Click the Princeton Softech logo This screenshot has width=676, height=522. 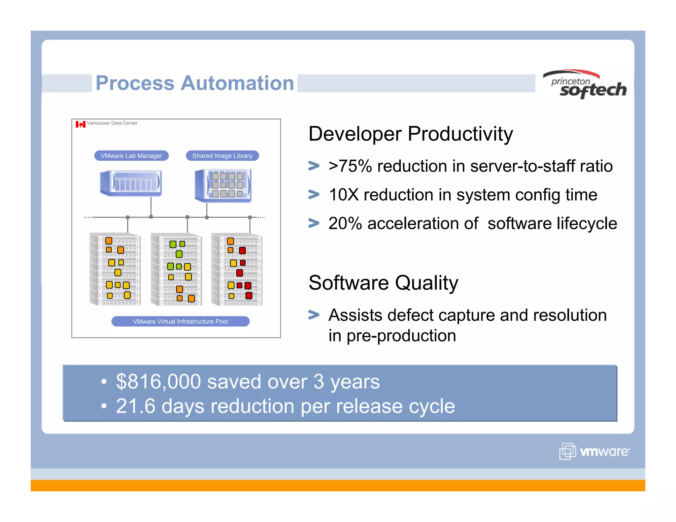(585, 85)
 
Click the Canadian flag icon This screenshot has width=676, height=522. (80, 124)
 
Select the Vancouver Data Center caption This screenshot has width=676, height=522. (112, 123)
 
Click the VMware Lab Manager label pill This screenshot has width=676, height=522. (131, 156)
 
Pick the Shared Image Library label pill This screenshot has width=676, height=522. (222, 156)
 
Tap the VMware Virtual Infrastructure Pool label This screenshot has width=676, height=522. (180, 321)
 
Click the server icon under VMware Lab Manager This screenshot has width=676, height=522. (131, 183)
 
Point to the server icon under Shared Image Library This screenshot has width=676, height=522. (223, 185)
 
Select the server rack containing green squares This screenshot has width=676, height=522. (176, 270)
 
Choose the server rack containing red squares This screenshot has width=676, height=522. (237, 270)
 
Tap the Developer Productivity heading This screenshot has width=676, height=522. (410, 134)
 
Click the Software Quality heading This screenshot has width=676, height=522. (383, 283)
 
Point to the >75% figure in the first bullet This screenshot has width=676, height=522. (350, 166)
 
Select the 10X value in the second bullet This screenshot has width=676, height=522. (344, 195)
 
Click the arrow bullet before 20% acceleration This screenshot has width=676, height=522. (314, 223)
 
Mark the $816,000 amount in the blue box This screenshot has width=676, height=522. (158, 381)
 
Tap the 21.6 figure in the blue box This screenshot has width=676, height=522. (136, 406)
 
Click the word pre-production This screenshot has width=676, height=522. (401, 336)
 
